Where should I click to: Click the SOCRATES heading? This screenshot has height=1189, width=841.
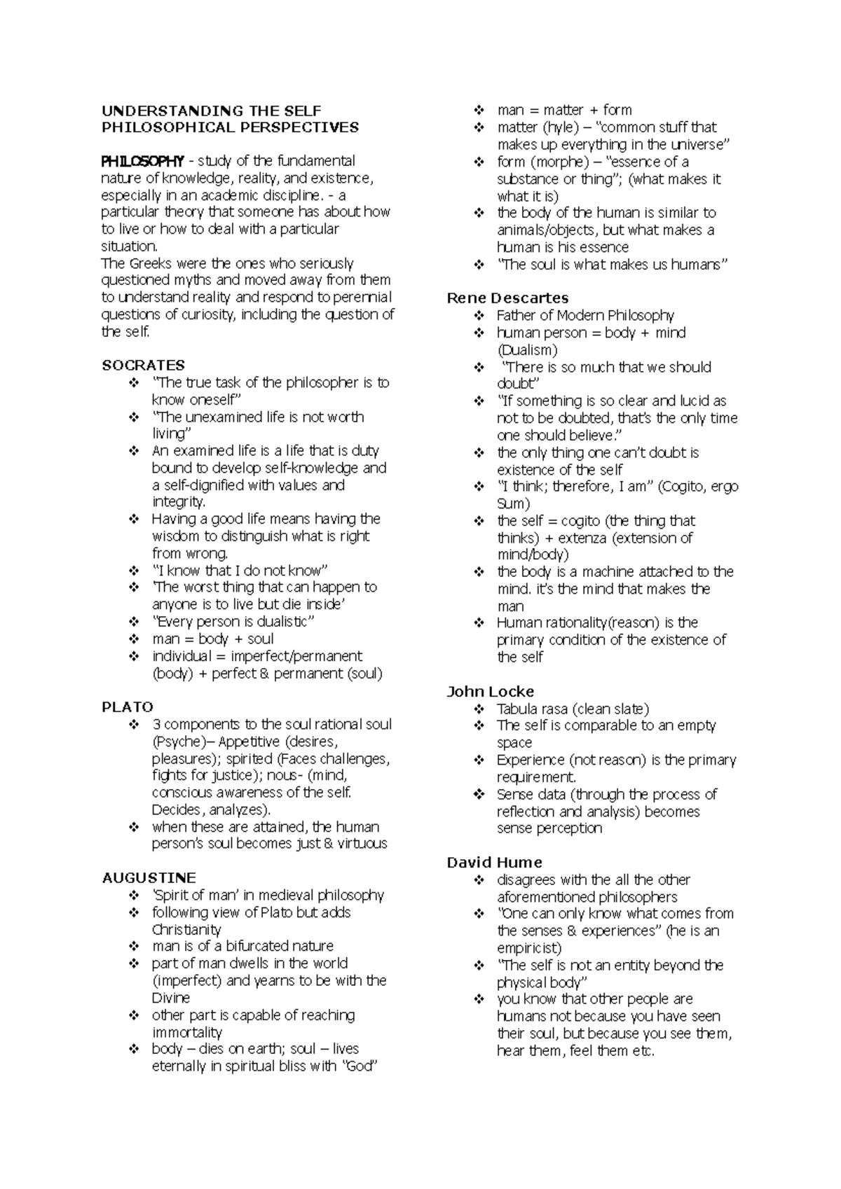(x=143, y=366)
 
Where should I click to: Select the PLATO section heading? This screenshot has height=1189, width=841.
(x=128, y=707)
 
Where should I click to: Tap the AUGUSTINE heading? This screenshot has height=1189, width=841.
(x=149, y=878)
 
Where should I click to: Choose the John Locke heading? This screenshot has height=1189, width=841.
(x=490, y=692)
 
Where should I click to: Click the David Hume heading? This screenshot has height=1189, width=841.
(x=494, y=863)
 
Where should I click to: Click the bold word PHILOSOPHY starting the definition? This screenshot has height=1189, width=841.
(x=143, y=161)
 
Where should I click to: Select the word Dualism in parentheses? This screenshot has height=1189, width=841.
(x=527, y=350)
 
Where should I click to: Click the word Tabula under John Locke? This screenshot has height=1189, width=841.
(x=519, y=709)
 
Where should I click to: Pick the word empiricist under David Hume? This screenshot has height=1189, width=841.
(x=528, y=948)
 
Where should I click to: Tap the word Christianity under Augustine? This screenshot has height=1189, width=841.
(x=186, y=930)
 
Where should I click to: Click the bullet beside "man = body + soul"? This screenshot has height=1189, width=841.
(x=134, y=639)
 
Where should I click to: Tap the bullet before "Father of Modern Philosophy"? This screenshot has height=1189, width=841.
(x=479, y=316)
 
